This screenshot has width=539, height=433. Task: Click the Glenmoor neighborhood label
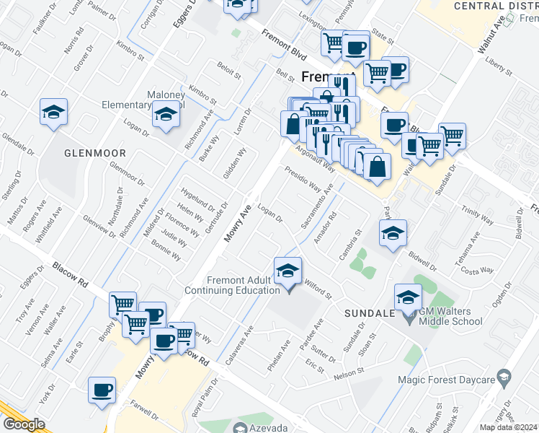tap(95, 153)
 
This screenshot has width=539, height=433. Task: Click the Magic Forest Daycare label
tap(448, 380)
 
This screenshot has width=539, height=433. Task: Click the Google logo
tap(24, 424)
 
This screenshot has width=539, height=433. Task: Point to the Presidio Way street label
tap(303, 180)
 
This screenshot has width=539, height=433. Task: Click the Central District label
tap(496, 6)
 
